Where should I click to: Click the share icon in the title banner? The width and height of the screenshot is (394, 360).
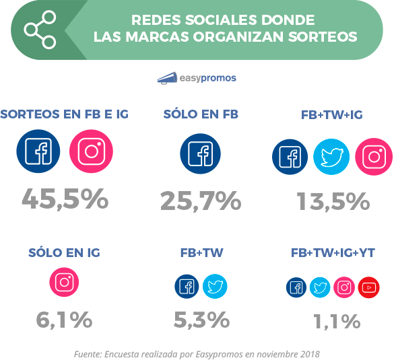point(39,30)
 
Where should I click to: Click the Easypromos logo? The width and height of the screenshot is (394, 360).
point(196,77)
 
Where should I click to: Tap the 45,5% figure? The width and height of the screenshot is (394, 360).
point(65,199)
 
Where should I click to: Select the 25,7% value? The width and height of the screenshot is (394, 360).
point(201,200)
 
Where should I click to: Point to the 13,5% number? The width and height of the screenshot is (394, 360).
point(333,200)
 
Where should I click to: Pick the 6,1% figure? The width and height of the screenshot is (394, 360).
point(65,320)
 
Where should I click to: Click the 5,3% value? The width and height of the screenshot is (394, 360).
point(201,320)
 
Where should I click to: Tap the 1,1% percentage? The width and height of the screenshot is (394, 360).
point(337,321)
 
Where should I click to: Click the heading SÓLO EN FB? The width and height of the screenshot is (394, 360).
point(201,114)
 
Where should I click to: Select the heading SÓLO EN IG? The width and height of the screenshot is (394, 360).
point(65,253)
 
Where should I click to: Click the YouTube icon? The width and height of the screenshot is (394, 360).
point(369,287)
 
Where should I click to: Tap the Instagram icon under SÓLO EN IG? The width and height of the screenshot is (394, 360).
point(65,283)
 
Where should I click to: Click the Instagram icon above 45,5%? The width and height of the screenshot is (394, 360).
point(92,151)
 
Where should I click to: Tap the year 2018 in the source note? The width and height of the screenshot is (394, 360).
point(308,353)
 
